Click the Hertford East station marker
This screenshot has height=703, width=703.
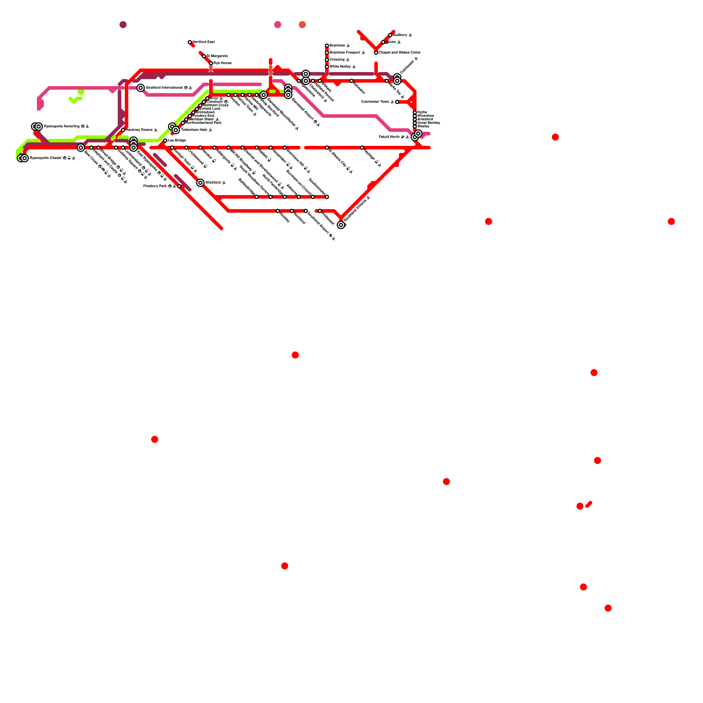[190, 42]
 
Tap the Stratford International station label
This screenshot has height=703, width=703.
[169, 88]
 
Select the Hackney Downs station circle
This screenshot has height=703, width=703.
[123, 130]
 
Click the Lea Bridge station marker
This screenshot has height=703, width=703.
[165, 141]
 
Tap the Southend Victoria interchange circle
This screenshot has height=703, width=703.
[341, 225]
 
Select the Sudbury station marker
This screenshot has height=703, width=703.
[390, 35]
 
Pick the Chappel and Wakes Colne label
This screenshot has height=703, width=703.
[399, 53]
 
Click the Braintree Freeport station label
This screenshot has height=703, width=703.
[347, 53]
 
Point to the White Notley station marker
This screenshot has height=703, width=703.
[327, 67]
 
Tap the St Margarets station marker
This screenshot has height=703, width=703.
[204, 56]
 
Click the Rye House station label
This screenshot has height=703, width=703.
[222, 63]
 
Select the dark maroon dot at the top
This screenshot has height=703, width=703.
[123, 25]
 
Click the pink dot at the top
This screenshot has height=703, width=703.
[278, 25]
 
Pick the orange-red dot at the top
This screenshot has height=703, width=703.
[302, 25]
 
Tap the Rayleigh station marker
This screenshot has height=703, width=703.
[362, 148]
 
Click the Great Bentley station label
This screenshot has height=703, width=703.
[428, 123]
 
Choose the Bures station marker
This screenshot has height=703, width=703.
[383, 42]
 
